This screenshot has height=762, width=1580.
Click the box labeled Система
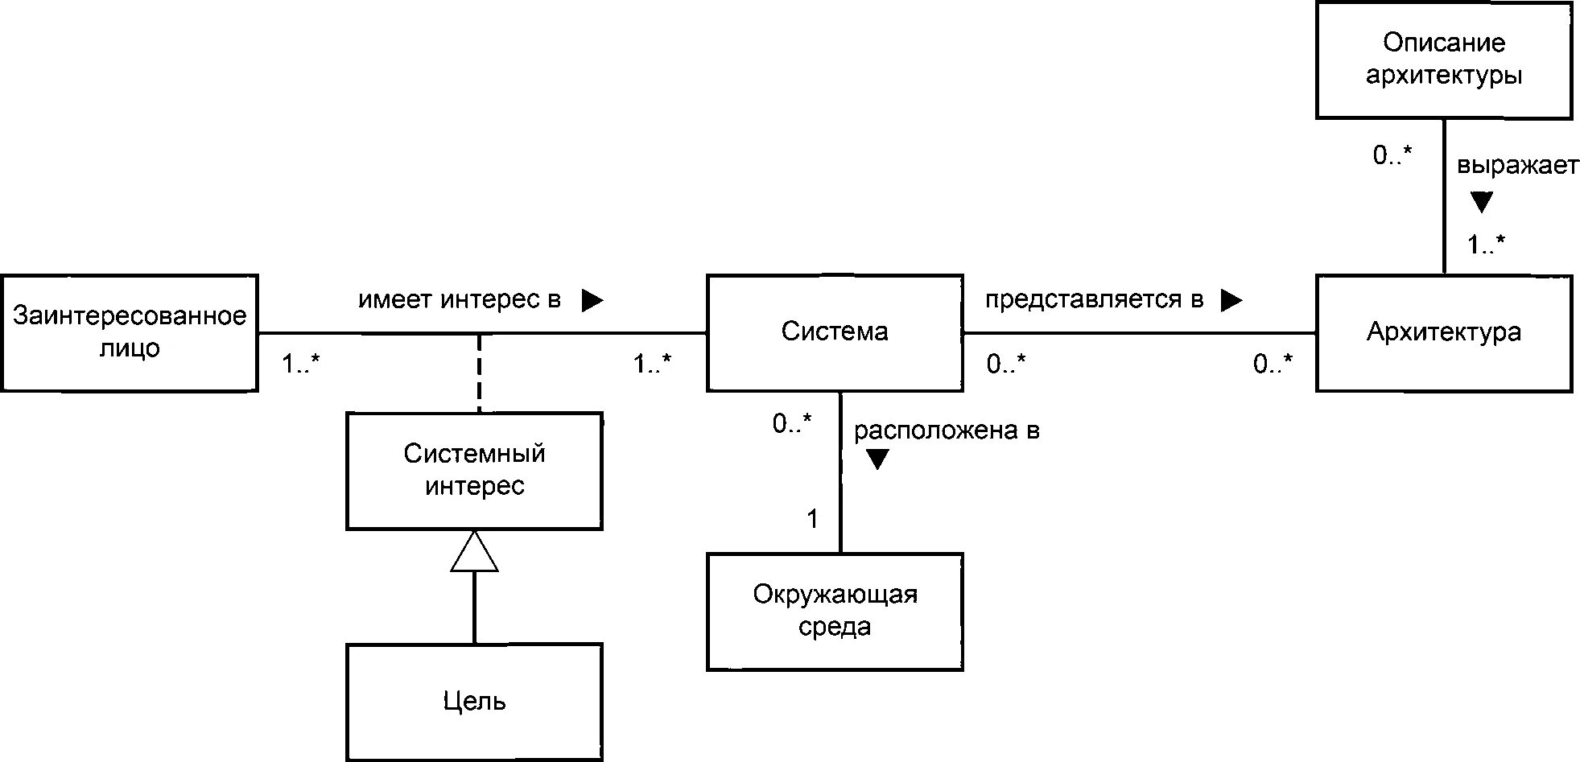[835, 332]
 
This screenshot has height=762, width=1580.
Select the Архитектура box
[1443, 332]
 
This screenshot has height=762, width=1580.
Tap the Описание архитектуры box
[1443, 60]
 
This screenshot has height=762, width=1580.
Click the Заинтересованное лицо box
[129, 332]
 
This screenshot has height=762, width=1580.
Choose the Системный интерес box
[474, 471]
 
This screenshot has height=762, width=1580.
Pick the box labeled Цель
[474, 701]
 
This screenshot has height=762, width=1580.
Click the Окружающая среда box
[835, 611]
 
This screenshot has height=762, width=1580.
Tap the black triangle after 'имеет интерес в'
[592, 300]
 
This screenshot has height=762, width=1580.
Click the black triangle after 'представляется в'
[1231, 300]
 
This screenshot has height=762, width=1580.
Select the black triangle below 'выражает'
[1482, 201]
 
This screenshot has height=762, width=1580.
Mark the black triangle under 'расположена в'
[877, 459]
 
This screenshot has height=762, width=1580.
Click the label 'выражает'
[1518, 167]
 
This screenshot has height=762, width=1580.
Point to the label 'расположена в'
[947, 431]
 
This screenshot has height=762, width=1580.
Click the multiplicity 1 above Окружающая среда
[812, 519]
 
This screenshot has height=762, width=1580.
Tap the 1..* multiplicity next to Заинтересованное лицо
[300, 364]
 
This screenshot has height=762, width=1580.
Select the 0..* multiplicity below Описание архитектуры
[1392, 155]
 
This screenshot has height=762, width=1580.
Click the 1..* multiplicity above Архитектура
[1486, 244]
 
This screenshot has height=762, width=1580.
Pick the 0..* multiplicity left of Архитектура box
[1273, 364]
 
